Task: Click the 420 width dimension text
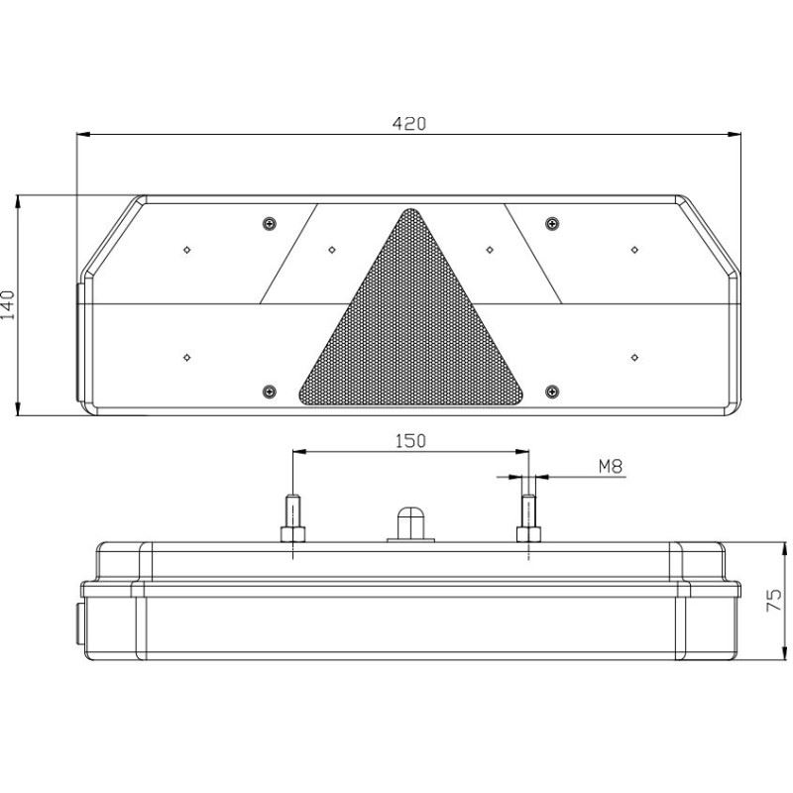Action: click(x=409, y=123)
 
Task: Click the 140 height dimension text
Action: click(x=8, y=305)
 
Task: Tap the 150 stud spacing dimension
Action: click(x=410, y=441)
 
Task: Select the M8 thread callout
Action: click(x=611, y=466)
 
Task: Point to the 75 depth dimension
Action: click(x=774, y=601)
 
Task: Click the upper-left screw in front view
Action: click(x=270, y=223)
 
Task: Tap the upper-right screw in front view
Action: click(x=553, y=223)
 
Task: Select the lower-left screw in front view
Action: click(x=270, y=391)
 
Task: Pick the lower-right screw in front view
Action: click(x=553, y=391)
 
